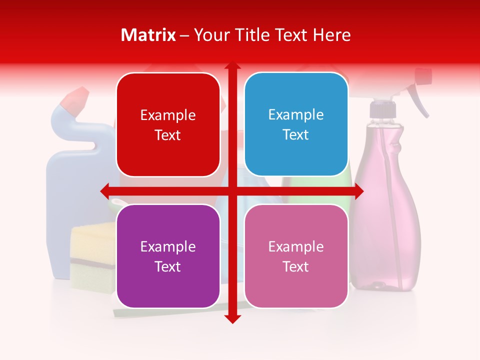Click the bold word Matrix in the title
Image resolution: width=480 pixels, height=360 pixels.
pos(148,35)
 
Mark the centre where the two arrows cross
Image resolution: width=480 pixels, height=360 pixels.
pos(232,190)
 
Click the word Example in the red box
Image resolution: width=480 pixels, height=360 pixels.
pos(168,115)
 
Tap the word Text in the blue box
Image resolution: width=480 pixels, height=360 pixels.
pos(296,135)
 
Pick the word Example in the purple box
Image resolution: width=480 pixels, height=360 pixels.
pos(168,246)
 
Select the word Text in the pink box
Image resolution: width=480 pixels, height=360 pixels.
pos(296,266)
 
